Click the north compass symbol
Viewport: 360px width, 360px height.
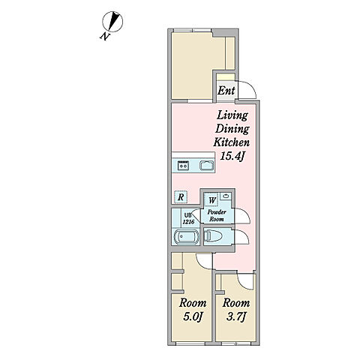tap(112, 22)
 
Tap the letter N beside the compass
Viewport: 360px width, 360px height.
tap(105, 37)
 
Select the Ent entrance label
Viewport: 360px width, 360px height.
tap(226, 91)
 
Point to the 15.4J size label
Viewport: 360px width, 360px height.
tap(232, 156)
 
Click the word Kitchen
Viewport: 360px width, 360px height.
tap(231, 142)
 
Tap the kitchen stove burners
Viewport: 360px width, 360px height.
tap(183, 166)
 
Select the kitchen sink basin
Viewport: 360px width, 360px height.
tap(207, 166)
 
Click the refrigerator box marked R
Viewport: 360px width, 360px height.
tap(181, 197)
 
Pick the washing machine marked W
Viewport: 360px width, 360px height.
tap(212, 200)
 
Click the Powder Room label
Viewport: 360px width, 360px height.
tap(217, 215)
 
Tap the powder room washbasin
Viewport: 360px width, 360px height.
tap(226, 196)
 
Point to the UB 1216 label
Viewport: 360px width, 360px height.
tap(188, 218)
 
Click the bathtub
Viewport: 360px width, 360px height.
tap(186, 237)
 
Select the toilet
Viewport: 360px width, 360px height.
tap(212, 236)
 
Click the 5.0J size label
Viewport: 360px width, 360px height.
tap(193, 317)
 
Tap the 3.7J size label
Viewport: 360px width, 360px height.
tap(236, 317)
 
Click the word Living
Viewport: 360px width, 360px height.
tap(232, 116)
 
